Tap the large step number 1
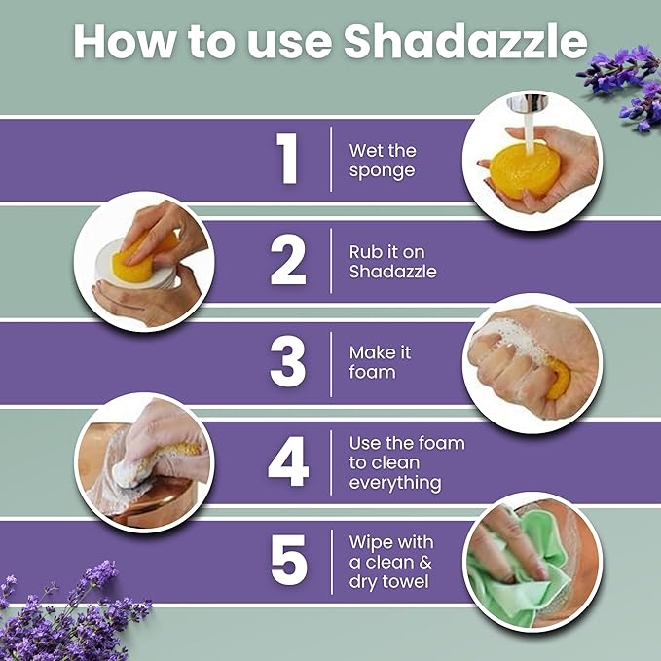[x=288, y=160]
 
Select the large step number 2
[x=288, y=262]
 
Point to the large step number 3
[x=288, y=362]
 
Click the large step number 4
[x=288, y=463]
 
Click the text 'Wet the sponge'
[x=383, y=161]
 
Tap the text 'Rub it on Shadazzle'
[x=392, y=262]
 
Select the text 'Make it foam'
[x=381, y=362]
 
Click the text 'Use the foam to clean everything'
[x=407, y=462]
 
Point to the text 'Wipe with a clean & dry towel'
[x=391, y=563]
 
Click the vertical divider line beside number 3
[x=331, y=362]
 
